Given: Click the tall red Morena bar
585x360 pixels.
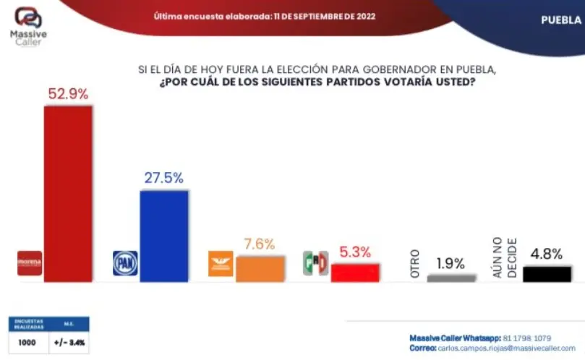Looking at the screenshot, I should pyautogui.click(x=69, y=193).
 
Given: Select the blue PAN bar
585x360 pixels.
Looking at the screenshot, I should pyautogui.click(x=163, y=235).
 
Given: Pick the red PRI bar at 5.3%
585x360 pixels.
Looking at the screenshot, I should pyautogui.click(x=355, y=272).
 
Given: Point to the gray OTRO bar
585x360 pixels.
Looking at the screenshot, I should pyautogui.click(x=451, y=277).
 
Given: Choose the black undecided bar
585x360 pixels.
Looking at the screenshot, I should pyautogui.click(x=547, y=273).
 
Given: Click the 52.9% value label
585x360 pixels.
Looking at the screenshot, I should pyautogui.click(x=68, y=94).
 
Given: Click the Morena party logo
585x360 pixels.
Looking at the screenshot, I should pyautogui.click(x=30, y=263).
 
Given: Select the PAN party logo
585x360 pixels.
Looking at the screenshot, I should pyautogui.click(x=125, y=263).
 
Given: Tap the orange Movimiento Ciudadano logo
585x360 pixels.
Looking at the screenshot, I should pyautogui.click(x=221, y=263).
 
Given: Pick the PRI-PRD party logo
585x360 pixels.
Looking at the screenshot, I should pyautogui.click(x=315, y=263).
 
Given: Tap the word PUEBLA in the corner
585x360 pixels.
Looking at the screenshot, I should pyautogui.click(x=561, y=20).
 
